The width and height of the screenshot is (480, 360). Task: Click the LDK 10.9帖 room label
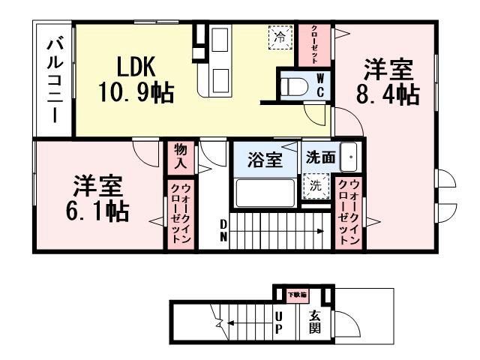[136, 79]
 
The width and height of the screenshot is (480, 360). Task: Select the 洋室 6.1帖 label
[97, 199]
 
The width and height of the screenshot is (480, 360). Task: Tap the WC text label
[319, 85]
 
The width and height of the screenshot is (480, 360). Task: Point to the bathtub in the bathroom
[265, 193]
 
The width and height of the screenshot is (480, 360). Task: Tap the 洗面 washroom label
[319, 158]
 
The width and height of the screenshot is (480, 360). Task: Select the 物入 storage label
[180, 157]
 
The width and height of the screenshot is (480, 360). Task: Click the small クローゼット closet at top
[315, 45]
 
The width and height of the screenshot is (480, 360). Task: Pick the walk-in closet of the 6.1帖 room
[180, 213]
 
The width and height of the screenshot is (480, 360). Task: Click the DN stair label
[223, 230]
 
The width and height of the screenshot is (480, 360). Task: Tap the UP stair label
[277, 324]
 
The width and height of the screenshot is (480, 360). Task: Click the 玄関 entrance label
[315, 322]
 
